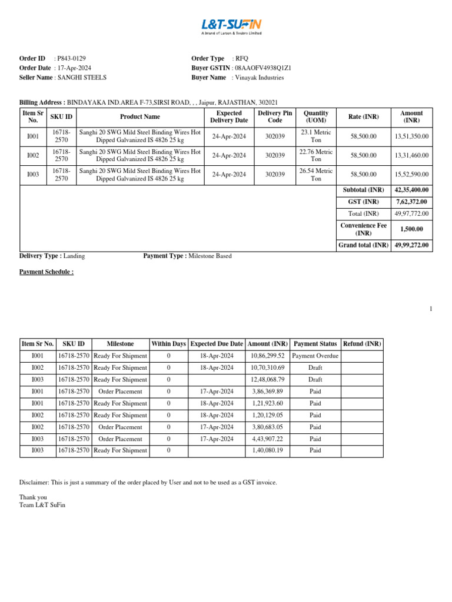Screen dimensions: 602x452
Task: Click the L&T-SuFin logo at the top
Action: tap(231, 25)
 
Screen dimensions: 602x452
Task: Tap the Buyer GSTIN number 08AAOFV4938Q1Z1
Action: tap(262, 68)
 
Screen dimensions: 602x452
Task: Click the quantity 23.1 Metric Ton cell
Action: tap(315, 136)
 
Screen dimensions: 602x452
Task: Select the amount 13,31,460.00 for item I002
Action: tap(411, 155)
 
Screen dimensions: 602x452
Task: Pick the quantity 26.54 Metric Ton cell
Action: tap(315, 174)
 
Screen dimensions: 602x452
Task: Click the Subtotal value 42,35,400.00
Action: tap(411, 190)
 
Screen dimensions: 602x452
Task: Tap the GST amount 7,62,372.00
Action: tap(411, 202)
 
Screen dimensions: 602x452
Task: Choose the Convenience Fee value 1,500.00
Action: tap(411, 229)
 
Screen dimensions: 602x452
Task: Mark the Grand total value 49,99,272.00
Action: tap(411, 245)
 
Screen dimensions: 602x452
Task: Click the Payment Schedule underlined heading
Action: tap(46, 272)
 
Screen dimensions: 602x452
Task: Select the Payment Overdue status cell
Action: tap(315, 356)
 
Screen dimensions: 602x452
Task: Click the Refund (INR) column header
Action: tap(362, 343)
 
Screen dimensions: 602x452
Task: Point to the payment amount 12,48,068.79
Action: tap(267, 379)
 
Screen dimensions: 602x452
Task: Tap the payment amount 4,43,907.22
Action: tap(267, 439)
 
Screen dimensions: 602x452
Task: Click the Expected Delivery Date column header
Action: tap(229, 116)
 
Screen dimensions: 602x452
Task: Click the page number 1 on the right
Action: tap(430, 309)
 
